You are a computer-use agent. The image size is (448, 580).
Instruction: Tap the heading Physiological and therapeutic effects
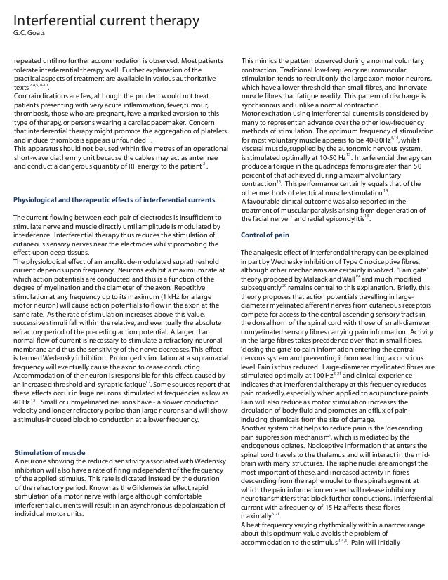tap(114, 181)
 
